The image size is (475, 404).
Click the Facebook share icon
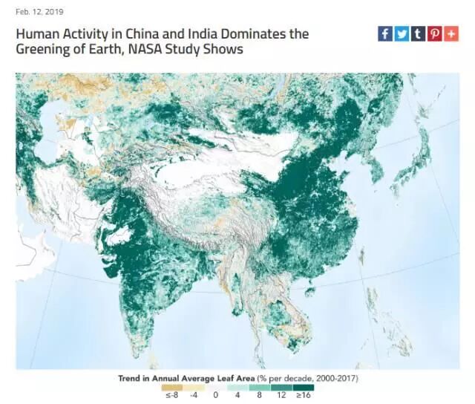384,34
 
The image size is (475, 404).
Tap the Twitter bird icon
401,34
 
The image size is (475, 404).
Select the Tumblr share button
417,34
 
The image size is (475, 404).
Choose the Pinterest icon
434,34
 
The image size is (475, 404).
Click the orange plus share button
451,34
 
